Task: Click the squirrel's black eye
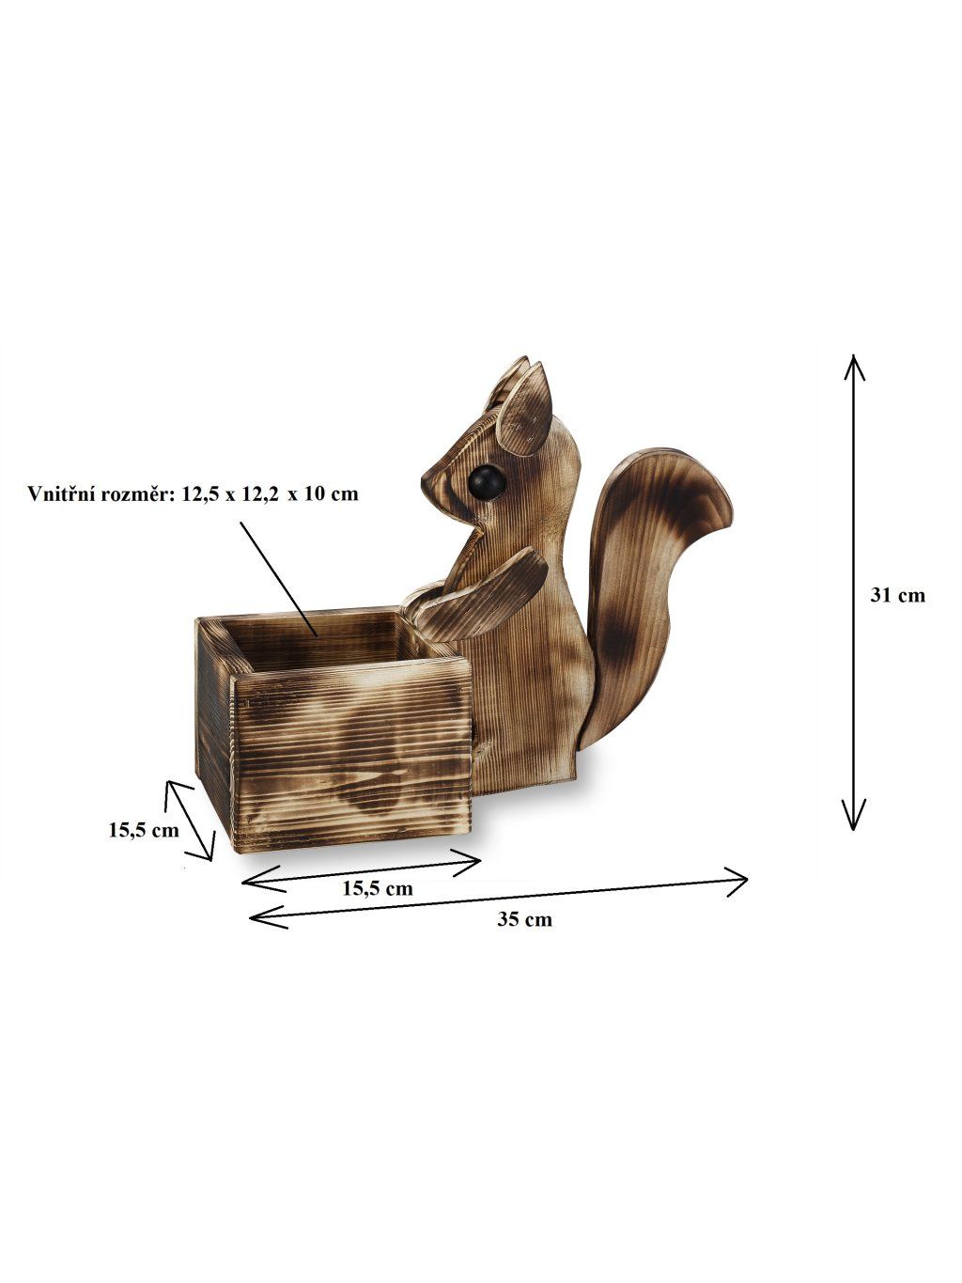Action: coord(486,482)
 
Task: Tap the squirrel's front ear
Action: coord(524,409)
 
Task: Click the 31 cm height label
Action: coord(898,595)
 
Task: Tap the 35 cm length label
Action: coord(524,919)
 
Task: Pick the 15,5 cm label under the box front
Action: coord(378,888)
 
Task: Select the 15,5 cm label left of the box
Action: coord(144,830)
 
